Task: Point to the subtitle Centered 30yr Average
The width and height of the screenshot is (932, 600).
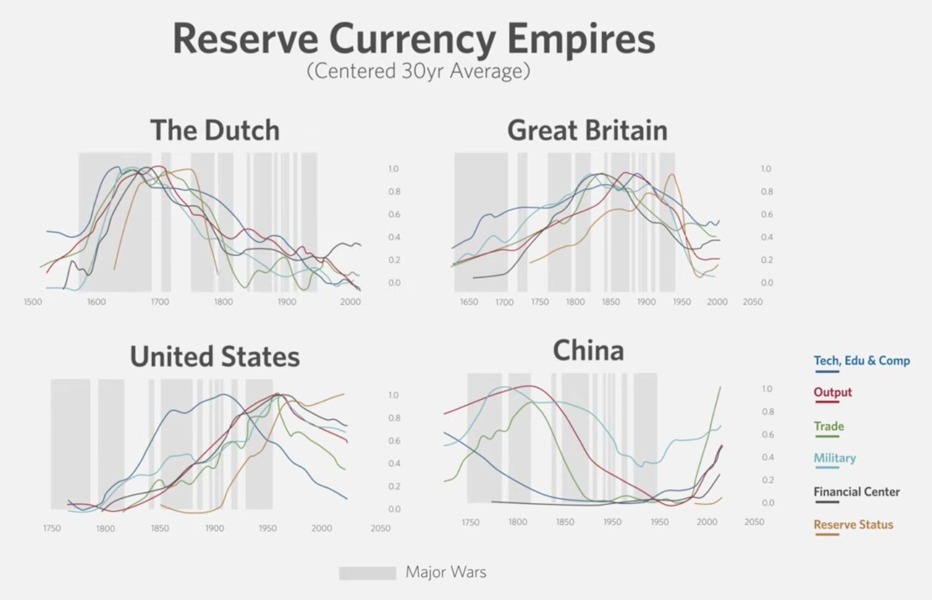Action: click(x=418, y=71)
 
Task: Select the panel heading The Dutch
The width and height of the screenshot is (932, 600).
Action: click(x=215, y=130)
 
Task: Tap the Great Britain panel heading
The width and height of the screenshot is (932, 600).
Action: click(x=587, y=130)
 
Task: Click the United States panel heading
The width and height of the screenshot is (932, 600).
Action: click(x=215, y=357)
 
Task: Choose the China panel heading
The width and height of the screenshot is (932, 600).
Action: click(x=588, y=350)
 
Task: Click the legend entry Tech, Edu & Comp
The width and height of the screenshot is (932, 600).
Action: click(x=861, y=361)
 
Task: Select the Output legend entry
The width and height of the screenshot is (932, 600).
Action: click(x=833, y=392)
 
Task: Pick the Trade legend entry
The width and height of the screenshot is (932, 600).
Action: click(x=829, y=426)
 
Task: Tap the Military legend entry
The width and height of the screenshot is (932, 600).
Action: click(x=834, y=458)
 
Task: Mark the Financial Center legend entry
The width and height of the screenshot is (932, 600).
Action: click(x=856, y=492)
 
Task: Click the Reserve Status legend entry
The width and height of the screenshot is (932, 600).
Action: click(x=853, y=525)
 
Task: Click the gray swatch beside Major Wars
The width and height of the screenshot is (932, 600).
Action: click(x=367, y=573)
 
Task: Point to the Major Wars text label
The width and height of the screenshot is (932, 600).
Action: click(x=446, y=572)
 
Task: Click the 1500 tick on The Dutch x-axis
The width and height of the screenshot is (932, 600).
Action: click(x=33, y=302)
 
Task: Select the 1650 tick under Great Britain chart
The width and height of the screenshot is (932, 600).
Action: click(x=469, y=302)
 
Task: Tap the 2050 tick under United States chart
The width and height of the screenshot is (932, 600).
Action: click(x=380, y=528)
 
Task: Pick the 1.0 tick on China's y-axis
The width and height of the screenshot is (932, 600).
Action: click(x=767, y=389)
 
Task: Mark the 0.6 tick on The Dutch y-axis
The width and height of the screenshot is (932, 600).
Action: click(x=393, y=214)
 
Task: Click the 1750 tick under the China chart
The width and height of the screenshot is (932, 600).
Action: click(x=470, y=522)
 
